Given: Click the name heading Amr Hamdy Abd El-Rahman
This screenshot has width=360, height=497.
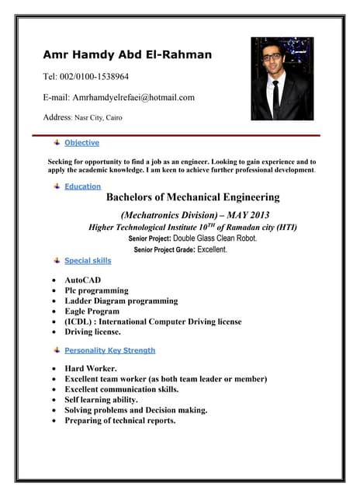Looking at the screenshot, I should click(126, 54).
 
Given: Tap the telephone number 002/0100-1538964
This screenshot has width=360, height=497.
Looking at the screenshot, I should click(96, 77).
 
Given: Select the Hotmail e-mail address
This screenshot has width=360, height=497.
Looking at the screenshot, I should click(133, 97).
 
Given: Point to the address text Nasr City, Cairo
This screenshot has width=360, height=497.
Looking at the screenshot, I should click(98, 118).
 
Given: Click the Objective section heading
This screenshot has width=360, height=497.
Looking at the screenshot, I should click(81, 143).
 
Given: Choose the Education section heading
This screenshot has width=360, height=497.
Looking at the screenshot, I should click(82, 186).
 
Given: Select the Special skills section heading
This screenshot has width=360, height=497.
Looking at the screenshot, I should click(88, 261).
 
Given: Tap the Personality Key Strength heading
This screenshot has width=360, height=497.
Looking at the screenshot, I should click(109, 350).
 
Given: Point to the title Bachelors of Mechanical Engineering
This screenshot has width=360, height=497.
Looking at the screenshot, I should click(192, 198).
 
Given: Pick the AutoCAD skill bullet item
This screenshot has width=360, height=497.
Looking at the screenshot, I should click(82, 280).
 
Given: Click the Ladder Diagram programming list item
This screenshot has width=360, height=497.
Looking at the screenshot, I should click(121, 301).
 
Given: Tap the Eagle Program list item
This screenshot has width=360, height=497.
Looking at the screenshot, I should click(92, 311).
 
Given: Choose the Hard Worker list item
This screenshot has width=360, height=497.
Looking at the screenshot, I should click(91, 368).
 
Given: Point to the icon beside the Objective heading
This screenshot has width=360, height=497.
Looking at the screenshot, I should click(57, 143).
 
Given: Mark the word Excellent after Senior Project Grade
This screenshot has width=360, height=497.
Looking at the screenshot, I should click(212, 250).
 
